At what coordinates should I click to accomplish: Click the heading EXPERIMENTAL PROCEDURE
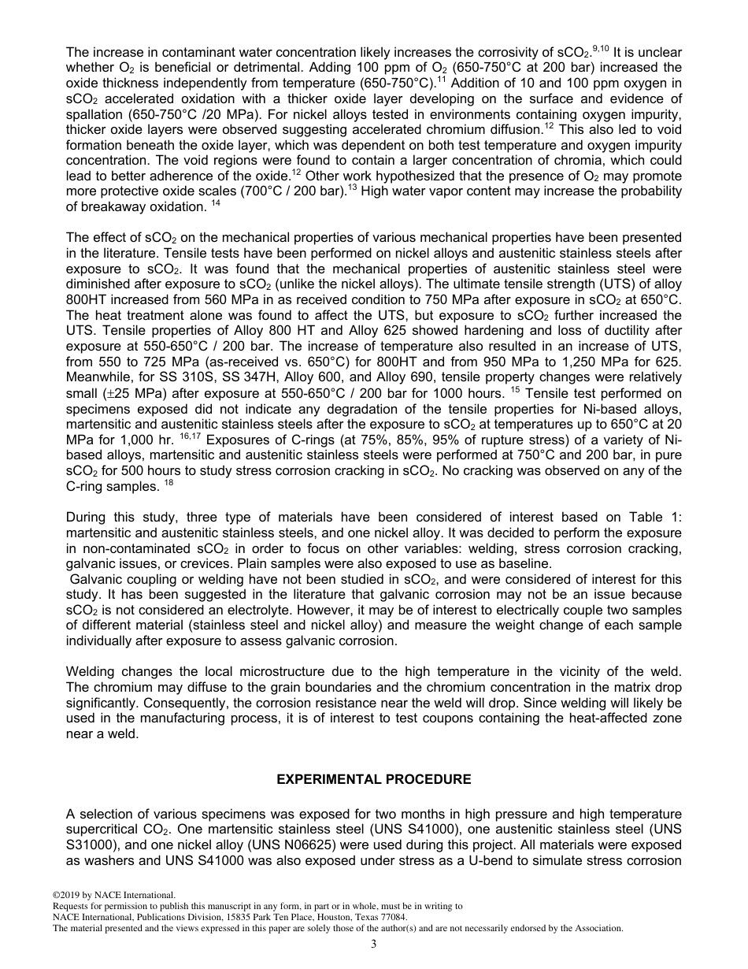pyautogui.click(x=373, y=779)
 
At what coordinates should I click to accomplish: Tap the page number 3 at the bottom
pyautogui.click(x=373, y=945)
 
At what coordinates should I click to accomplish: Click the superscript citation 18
pyautogui.click(x=168, y=482)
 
